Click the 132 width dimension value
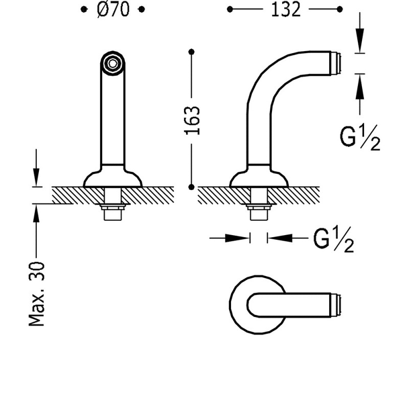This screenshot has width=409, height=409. [x=286, y=9]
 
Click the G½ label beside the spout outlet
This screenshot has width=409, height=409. [x=360, y=138]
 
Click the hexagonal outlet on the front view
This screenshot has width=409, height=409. [x=112, y=63]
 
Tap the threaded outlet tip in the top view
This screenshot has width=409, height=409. [x=336, y=305]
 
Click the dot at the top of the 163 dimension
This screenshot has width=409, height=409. [x=191, y=51]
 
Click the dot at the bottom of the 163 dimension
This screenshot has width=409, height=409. [x=191, y=187]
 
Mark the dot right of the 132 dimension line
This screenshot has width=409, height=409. [x=340, y=9]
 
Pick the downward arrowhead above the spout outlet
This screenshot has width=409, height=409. [x=361, y=43]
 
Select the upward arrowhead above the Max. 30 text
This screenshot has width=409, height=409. [x=36, y=215]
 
